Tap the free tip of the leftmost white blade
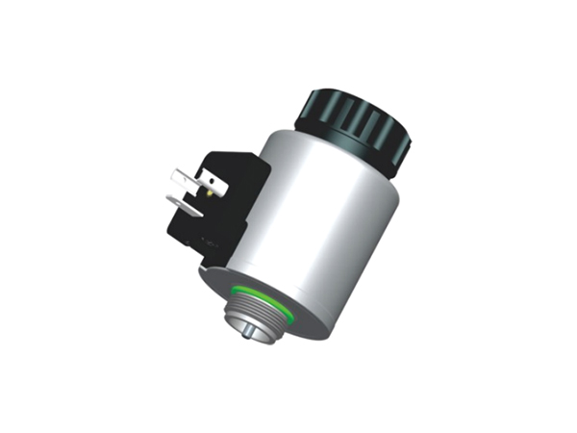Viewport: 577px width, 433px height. point(173,177)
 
